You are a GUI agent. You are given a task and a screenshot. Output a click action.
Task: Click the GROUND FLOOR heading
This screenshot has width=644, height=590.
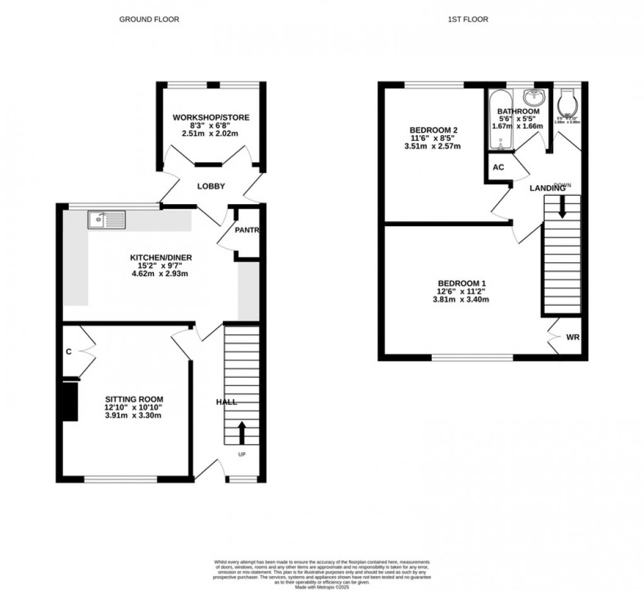point(149,20)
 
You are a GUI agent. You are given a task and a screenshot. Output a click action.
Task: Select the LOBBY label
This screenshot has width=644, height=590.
point(211,186)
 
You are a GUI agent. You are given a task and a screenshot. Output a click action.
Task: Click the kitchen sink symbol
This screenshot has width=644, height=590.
point(107,220)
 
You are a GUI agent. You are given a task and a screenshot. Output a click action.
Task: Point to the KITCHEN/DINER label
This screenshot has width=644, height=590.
point(160,258)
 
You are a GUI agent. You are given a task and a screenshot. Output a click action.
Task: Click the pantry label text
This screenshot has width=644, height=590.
point(247,230)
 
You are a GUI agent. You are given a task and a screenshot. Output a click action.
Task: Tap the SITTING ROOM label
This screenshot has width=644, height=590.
point(134,399)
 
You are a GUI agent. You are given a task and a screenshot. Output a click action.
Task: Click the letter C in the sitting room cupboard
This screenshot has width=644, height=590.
point(68,352)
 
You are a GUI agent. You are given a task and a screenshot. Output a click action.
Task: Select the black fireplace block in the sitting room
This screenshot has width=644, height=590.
point(69,400)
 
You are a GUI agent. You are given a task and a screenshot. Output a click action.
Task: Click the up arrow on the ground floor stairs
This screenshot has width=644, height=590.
point(242,433)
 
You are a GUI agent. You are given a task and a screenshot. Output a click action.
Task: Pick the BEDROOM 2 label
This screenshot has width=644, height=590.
point(434,130)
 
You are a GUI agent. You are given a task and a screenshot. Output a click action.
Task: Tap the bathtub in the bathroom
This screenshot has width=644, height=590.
point(499,121)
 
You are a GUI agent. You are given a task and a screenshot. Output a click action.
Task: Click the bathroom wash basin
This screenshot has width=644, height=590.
point(534,97)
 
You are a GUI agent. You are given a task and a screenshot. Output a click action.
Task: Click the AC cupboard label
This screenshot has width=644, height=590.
point(498,167)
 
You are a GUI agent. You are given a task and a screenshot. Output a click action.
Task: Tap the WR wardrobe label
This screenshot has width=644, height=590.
point(572,337)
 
